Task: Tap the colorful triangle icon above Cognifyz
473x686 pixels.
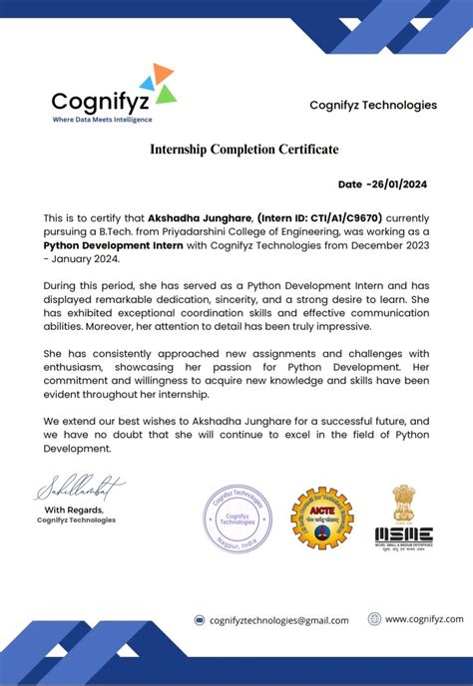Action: tap(158, 83)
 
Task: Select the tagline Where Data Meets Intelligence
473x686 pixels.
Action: tap(103, 120)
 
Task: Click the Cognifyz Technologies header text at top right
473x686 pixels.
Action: tap(372, 105)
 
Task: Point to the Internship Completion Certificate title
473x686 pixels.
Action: tap(244, 150)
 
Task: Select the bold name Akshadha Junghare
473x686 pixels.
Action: tap(199, 216)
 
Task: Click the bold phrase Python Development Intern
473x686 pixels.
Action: tap(111, 244)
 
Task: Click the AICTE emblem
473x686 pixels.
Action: tap(321, 517)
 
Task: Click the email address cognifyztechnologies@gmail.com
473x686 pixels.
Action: tap(278, 620)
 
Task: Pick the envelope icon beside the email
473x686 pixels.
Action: tap(200, 620)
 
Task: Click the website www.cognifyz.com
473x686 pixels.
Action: tap(423, 619)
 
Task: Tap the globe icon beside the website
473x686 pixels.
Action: tap(374, 619)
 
